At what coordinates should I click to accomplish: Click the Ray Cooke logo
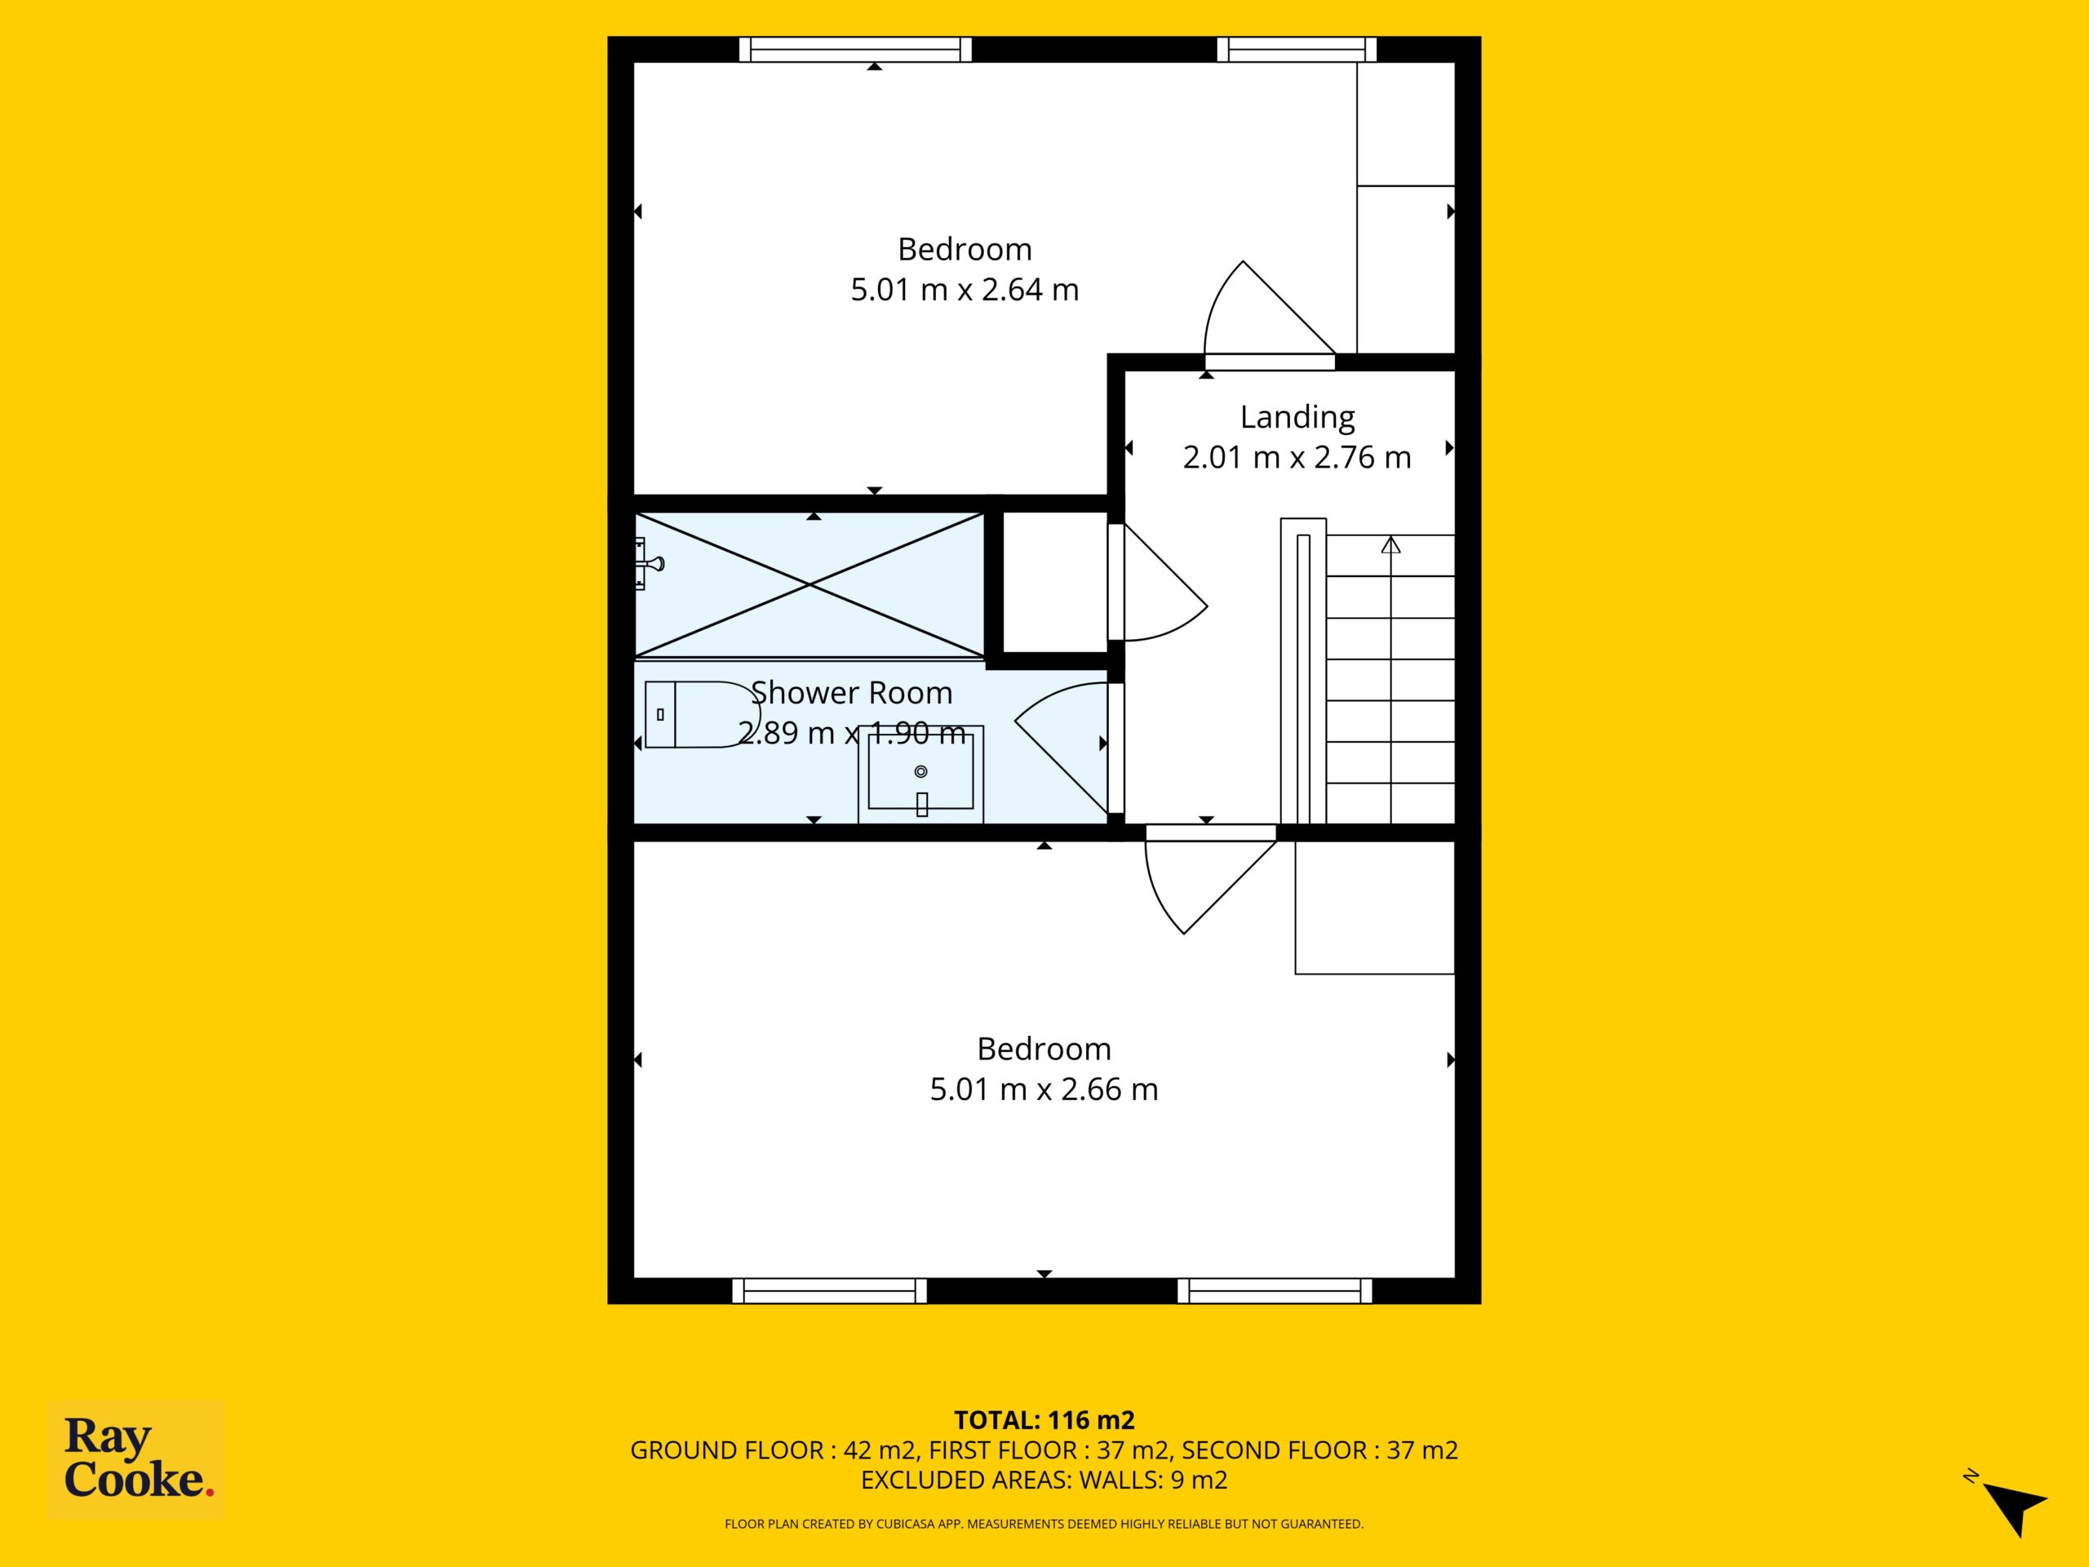[x=136, y=1458]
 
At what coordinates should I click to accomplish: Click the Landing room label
[x=1297, y=416]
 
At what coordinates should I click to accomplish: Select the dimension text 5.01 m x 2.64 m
[x=965, y=289]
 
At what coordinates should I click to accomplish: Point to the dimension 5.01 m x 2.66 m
[x=1044, y=1089]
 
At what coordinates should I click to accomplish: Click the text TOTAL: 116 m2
[x=1044, y=1419]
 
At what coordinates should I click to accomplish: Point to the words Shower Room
[x=851, y=692]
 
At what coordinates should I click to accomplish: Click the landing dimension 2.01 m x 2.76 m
[x=1297, y=457]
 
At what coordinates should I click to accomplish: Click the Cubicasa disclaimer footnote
[x=1044, y=1524]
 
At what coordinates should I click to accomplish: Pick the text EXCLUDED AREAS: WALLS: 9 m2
[x=1044, y=1480]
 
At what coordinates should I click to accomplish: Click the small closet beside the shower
[x=1054, y=582]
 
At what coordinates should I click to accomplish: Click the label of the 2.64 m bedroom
[x=965, y=250]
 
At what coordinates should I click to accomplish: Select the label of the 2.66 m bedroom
[x=1044, y=1049]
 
